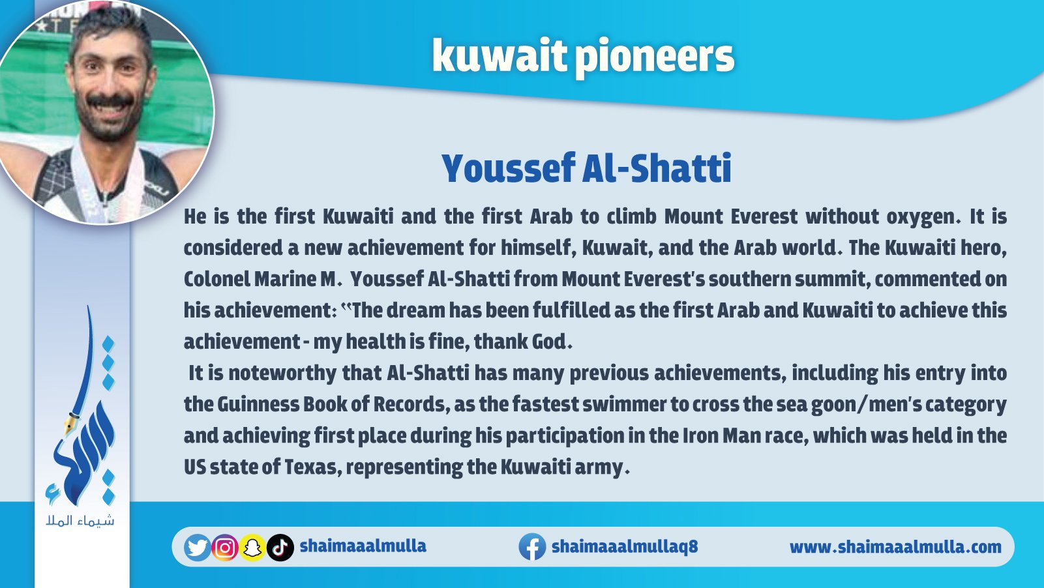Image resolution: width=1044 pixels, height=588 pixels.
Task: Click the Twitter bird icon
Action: pyautogui.click(x=197, y=547)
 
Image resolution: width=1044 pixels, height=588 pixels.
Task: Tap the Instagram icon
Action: pyautogui.click(x=225, y=548)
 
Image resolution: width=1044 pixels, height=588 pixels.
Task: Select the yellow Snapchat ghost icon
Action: pyautogui.click(x=252, y=548)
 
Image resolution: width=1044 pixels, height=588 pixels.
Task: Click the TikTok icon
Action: pyautogui.click(x=280, y=548)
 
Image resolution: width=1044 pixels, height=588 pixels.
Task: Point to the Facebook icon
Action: pyautogui.click(x=532, y=546)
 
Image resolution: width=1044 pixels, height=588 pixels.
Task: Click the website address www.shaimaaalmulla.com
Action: pyautogui.click(x=895, y=546)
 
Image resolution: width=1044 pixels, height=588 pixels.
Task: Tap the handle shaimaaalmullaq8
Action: pyautogui.click(x=625, y=546)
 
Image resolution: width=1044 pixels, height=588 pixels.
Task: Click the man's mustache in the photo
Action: pyautogui.click(x=110, y=100)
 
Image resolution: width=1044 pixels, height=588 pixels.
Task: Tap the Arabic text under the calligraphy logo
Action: pyautogui.click(x=80, y=520)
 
